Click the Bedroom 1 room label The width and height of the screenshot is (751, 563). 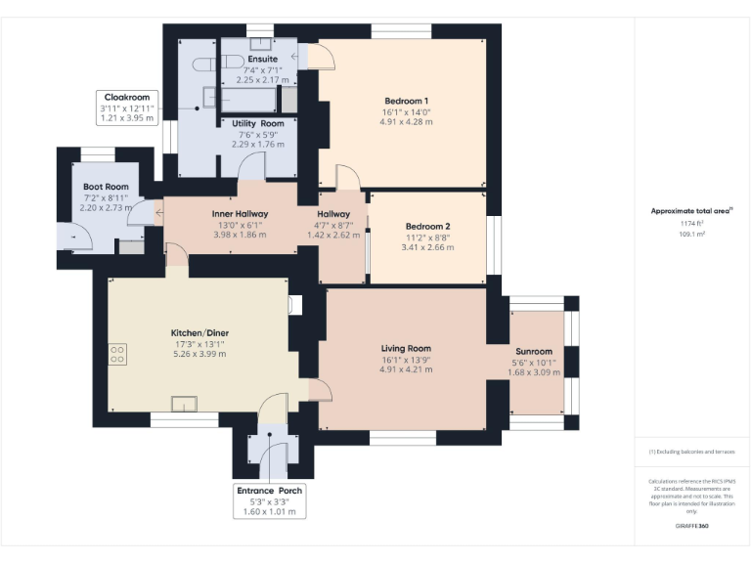point(406,101)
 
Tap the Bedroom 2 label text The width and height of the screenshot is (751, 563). point(427,225)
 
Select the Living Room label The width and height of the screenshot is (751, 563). point(406,348)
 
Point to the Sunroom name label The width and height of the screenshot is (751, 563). point(534,351)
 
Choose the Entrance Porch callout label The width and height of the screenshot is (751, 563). point(270,490)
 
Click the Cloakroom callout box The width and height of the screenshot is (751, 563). point(126,108)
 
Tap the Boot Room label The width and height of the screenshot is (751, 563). point(106,186)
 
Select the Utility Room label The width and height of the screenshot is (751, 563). point(258,123)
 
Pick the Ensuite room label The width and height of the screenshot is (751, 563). point(262,59)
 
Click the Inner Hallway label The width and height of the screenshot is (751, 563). point(240,213)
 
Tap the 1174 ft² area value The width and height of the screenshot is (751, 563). point(692,224)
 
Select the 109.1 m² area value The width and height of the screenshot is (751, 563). point(692,235)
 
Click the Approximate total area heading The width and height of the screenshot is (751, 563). point(690,210)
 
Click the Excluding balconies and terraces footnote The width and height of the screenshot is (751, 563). point(691,452)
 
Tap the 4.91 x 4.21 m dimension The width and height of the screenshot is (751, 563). point(406,371)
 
